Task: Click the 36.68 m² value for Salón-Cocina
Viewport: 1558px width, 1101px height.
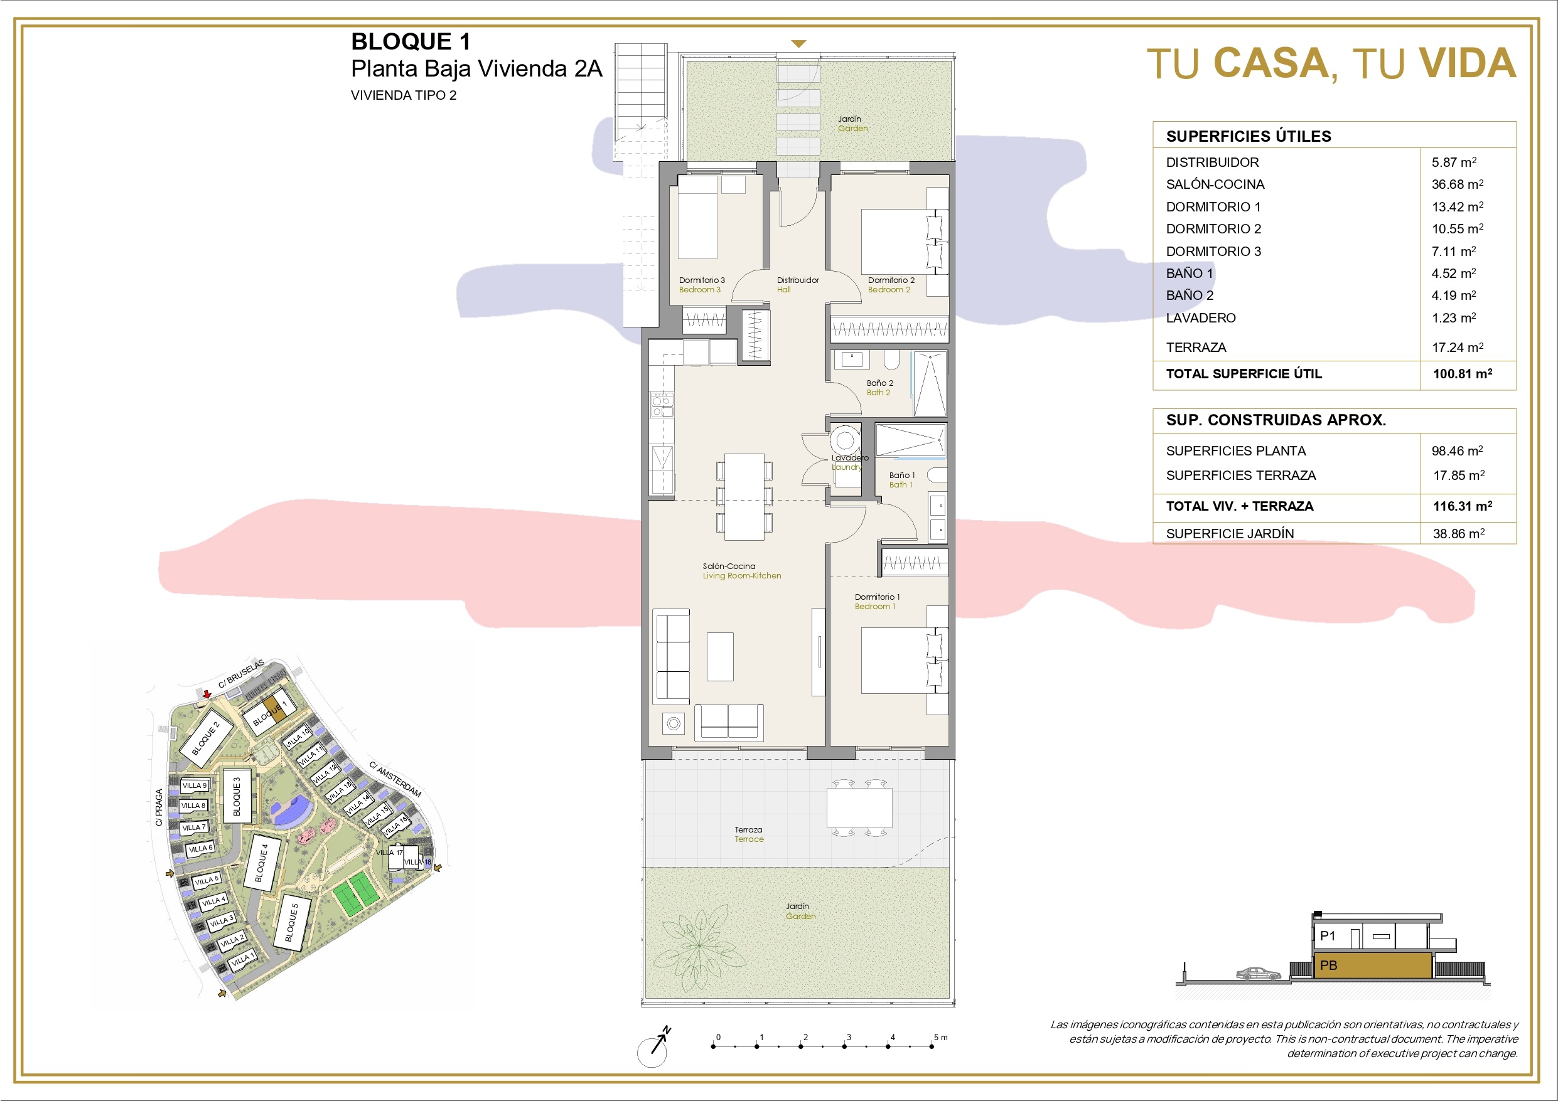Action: point(1457,184)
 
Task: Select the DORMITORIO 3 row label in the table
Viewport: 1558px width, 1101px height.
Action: point(1213,252)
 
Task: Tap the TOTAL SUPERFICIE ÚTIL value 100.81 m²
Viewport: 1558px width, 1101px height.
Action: point(1463,374)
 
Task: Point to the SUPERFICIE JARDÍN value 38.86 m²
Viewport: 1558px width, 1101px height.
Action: point(1459,534)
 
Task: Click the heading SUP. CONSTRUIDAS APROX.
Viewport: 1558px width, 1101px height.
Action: point(1276,420)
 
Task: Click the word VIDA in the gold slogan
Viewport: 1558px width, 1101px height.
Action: point(1468,63)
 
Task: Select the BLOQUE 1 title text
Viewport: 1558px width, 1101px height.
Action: point(411,41)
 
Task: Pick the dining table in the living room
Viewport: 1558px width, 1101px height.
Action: point(744,497)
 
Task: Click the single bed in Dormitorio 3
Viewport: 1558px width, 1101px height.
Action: point(697,217)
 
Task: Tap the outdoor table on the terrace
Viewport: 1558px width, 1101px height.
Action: point(859,807)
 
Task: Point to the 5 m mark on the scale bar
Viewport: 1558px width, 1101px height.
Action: point(932,1046)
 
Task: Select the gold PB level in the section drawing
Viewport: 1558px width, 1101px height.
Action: point(1372,965)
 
